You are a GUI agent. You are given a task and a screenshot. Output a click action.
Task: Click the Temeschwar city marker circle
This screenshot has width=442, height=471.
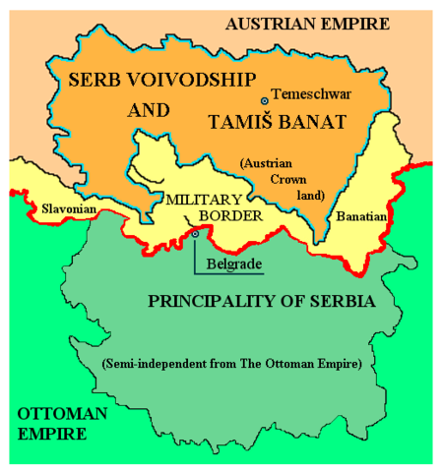(x=263, y=101)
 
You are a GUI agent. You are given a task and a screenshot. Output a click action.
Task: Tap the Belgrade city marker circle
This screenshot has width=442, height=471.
(x=195, y=234)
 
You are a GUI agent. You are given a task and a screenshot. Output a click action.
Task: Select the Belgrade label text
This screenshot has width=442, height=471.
(x=231, y=264)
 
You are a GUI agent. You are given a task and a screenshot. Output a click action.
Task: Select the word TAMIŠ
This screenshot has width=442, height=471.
(x=237, y=122)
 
